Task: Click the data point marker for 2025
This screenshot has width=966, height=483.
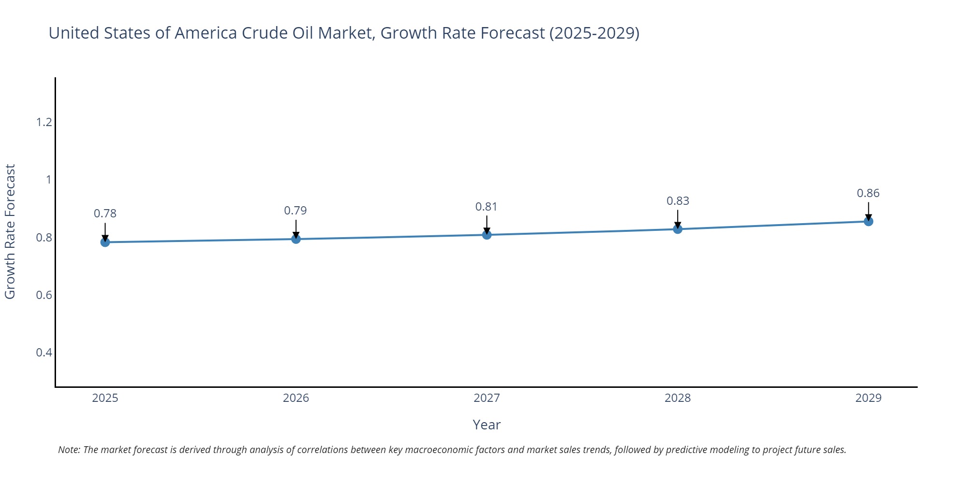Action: point(105,242)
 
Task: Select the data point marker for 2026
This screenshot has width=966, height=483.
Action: point(296,239)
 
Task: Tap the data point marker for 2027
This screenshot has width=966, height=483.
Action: point(487,235)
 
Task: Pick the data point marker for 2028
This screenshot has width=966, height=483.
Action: point(678,229)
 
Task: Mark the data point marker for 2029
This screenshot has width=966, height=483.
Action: point(868,221)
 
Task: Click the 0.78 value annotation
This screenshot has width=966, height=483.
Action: point(105,213)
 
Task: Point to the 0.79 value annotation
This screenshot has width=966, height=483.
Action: point(296,211)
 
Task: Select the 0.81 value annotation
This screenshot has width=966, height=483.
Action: point(486,207)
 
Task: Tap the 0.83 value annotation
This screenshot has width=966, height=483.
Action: point(678,201)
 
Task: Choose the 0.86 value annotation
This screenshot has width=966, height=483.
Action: point(868,193)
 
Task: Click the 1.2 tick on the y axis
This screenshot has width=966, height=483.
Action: point(44,122)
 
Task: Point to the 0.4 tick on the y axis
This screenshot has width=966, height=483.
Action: point(44,353)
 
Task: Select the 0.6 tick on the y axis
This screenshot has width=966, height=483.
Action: point(44,295)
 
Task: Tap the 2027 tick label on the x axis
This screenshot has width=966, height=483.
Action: point(487,398)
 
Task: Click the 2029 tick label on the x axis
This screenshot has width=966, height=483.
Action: point(868,398)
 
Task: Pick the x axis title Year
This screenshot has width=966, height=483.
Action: point(486,425)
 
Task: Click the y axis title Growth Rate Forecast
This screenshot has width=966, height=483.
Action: point(10,232)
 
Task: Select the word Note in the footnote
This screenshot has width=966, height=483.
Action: point(69,450)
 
